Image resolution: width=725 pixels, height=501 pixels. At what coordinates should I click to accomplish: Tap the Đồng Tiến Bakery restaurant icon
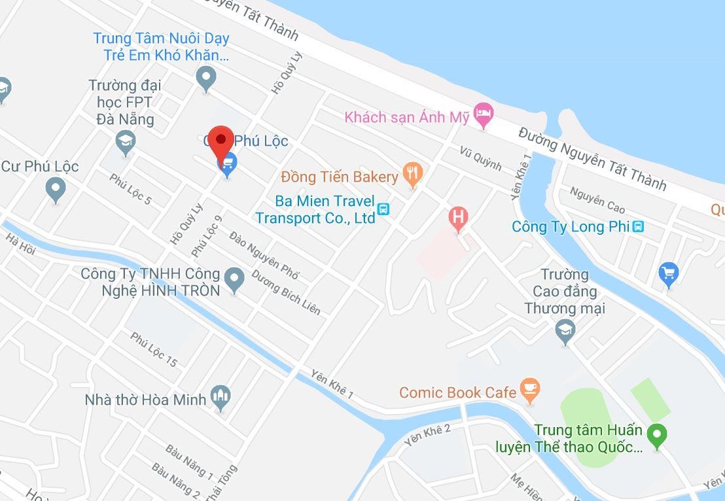413,174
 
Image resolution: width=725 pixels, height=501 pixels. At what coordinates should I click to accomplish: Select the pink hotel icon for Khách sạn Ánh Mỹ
483,115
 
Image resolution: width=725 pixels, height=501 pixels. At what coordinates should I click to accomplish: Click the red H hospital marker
458,217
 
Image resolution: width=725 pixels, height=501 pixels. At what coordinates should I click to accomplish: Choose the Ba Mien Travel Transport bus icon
383,209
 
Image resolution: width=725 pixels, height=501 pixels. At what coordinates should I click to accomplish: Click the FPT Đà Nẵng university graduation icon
124,141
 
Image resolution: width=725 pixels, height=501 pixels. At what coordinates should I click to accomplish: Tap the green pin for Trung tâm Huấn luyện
656,434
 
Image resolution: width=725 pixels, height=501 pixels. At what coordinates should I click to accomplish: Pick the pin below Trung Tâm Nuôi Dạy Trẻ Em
206,78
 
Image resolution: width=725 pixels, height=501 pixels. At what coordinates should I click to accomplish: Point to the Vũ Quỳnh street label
480,158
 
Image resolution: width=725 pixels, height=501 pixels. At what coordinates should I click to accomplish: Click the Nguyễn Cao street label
597,199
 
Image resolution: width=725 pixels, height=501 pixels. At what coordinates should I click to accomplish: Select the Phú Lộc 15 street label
154,349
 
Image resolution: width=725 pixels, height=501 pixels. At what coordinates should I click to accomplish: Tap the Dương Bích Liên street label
286,292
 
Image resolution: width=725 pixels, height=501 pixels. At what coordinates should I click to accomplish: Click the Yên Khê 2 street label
427,434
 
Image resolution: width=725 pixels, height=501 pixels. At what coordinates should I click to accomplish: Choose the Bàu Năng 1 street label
189,461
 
